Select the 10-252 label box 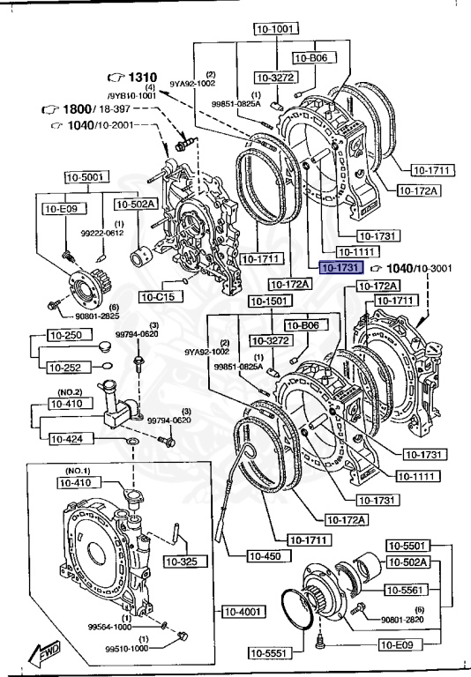click(x=64, y=367)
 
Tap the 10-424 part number click(x=66, y=438)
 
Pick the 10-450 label click(x=267, y=556)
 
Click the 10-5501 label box click(x=408, y=546)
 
